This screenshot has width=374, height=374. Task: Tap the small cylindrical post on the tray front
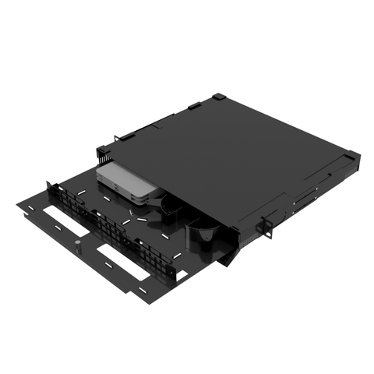point(79,247)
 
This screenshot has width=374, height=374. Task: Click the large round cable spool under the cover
point(206,234)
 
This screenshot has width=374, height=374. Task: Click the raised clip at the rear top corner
point(221,97)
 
